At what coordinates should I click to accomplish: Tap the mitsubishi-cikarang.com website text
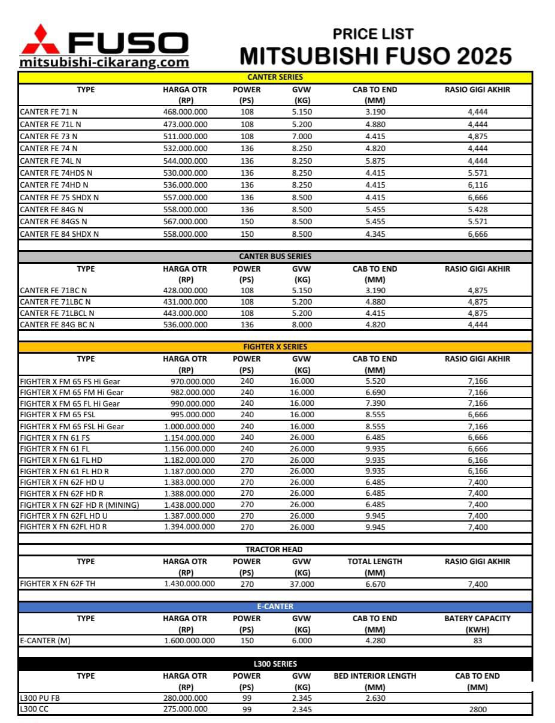tap(104, 62)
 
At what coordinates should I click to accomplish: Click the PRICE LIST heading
tap(373, 34)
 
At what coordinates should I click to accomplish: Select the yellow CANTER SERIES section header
tap(275, 77)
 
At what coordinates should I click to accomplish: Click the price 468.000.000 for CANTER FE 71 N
tap(185, 112)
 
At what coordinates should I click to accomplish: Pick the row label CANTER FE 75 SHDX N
tap(59, 197)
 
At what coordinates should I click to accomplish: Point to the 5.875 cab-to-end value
tap(375, 161)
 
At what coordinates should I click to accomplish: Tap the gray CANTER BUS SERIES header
tap(275, 257)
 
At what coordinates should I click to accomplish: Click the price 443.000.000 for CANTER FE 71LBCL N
tap(185, 313)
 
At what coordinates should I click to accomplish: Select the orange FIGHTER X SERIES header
tap(275, 347)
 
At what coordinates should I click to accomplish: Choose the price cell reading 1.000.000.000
tap(189, 426)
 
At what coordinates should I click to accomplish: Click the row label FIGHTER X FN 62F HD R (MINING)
tap(80, 505)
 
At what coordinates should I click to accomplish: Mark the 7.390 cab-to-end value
tap(375, 403)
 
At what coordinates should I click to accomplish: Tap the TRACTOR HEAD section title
tap(274, 550)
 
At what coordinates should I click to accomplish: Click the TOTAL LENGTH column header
tap(375, 562)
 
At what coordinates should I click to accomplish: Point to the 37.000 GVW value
tap(301, 584)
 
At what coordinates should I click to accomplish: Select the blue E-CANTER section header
tap(275, 607)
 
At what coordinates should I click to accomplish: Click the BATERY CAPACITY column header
tap(477, 619)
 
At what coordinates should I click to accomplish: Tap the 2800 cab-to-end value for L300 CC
tap(477, 709)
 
